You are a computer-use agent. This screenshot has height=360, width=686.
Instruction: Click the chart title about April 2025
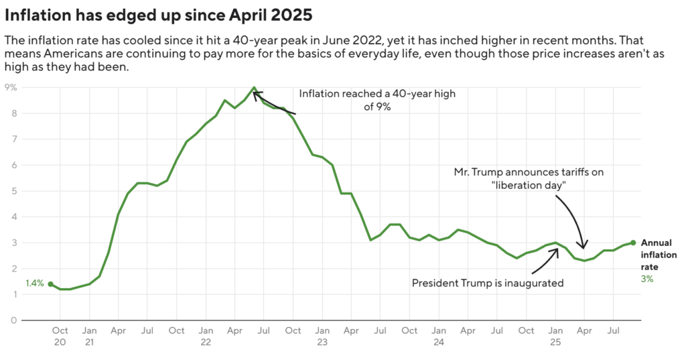click(158, 13)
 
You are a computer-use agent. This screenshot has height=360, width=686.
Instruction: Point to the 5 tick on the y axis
click(13, 191)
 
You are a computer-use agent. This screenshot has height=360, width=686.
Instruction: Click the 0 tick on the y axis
click(13, 320)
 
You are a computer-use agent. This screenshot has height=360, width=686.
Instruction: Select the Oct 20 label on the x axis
click(60, 336)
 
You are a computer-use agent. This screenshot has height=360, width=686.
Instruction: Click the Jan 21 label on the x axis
click(89, 336)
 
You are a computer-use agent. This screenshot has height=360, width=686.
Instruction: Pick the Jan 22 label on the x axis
click(206, 336)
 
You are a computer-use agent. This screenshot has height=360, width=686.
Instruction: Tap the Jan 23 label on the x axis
click(322, 336)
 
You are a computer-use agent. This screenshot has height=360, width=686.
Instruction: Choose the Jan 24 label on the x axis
click(439, 336)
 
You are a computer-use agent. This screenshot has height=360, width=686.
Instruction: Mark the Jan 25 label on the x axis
click(555, 336)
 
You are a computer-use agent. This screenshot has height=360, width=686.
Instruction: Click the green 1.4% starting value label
click(34, 284)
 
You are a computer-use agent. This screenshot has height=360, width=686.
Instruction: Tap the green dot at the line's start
click(50, 284)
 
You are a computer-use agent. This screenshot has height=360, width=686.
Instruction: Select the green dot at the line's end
click(633, 243)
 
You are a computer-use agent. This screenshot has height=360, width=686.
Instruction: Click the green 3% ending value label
click(646, 279)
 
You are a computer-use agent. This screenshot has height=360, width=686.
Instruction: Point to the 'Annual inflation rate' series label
click(659, 255)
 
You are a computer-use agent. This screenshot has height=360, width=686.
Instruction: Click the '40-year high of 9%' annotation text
click(376, 99)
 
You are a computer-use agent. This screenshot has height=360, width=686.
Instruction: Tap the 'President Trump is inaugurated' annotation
click(487, 283)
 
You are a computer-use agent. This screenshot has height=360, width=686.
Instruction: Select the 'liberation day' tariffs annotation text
click(529, 178)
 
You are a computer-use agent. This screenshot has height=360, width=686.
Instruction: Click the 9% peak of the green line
click(254, 88)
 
